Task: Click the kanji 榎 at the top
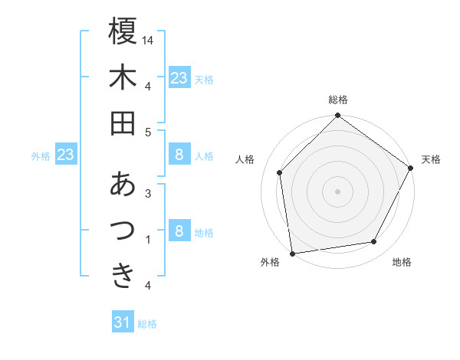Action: click(x=123, y=32)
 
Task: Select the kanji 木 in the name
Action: click(x=123, y=77)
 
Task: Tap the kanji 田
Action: click(x=123, y=123)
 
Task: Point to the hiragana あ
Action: click(x=123, y=184)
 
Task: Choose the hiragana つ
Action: click(x=123, y=230)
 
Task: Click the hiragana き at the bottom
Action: click(x=123, y=275)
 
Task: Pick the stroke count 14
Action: click(x=148, y=39)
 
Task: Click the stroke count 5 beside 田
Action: click(x=148, y=132)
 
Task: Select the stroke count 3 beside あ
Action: click(x=148, y=193)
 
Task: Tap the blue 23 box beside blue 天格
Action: click(x=179, y=77)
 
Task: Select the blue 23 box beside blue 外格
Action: click(x=65, y=155)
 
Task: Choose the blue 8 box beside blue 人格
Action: click(x=179, y=155)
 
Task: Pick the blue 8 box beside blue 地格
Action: click(x=179, y=231)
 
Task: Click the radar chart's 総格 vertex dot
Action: click(x=337, y=116)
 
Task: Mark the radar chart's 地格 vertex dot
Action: click(x=374, y=242)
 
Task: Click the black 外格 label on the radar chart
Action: click(x=270, y=263)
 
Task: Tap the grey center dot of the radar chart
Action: click(x=337, y=191)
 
